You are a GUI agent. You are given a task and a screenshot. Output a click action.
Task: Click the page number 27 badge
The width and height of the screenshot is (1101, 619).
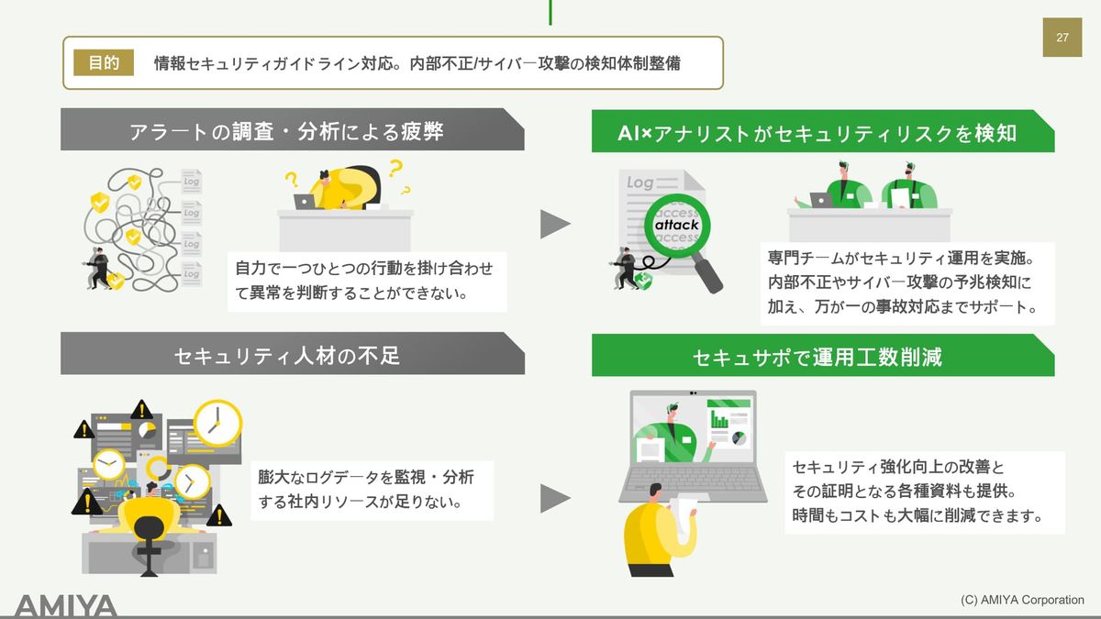[1062, 38]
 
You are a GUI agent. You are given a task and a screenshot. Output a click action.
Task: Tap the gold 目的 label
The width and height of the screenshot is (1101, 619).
[104, 63]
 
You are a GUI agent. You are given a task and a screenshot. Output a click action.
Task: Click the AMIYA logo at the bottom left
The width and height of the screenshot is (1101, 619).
[66, 605]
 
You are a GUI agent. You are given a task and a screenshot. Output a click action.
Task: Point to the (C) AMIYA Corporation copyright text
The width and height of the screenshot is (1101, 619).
[1022, 600]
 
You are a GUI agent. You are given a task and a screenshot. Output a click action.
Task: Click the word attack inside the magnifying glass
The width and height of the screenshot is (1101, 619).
[677, 225]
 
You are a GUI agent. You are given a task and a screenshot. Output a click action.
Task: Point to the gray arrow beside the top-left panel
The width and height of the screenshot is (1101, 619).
[554, 224]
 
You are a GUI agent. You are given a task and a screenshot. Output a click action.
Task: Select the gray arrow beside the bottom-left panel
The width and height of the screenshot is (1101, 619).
[554, 498]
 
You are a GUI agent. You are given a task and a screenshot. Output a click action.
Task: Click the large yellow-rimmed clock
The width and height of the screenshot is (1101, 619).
[217, 423]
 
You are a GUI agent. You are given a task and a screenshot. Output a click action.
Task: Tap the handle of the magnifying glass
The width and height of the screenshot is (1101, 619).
[708, 278]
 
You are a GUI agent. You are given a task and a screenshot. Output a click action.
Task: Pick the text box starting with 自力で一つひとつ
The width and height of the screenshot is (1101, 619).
[365, 281]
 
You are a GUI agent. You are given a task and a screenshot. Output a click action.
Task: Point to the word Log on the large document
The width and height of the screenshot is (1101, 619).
[640, 182]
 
